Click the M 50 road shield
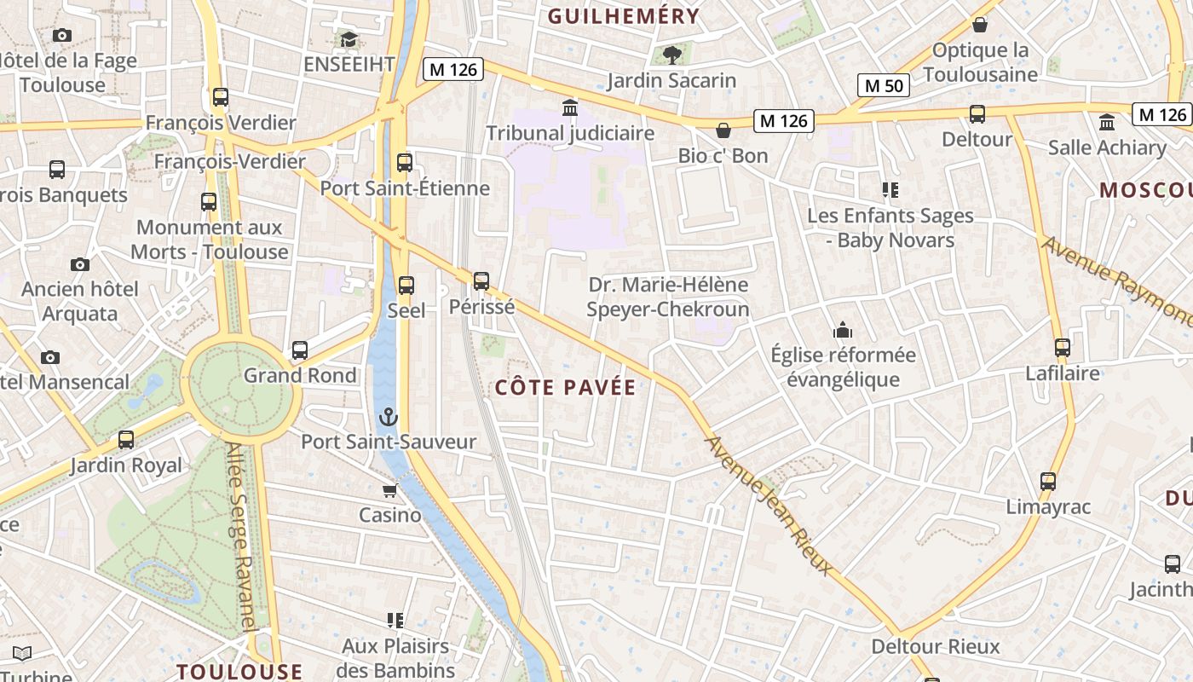click(x=883, y=85)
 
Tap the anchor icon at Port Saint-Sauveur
click(x=389, y=417)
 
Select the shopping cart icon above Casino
click(x=389, y=490)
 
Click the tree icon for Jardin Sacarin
click(x=672, y=55)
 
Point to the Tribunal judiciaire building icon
click(x=570, y=108)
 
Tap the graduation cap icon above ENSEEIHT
click(x=349, y=39)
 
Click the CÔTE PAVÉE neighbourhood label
click(x=566, y=388)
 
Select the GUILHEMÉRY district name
click(x=624, y=16)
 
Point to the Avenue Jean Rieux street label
click(x=769, y=505)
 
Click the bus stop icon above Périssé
click(x=481, y=280)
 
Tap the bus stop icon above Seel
click(x=406, y=285)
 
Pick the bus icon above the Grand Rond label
click(x=300, y=350)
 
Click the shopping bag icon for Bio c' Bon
click(x=723, y=130)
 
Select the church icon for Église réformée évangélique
click(x=843, y=330)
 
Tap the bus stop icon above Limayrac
click(x=1048, y=482)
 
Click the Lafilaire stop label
click(x=1063, y=373)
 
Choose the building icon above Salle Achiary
click(x=1107, y=122)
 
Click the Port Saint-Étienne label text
click(x=405, y=188)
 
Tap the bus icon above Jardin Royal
click(x=126, y=440)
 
